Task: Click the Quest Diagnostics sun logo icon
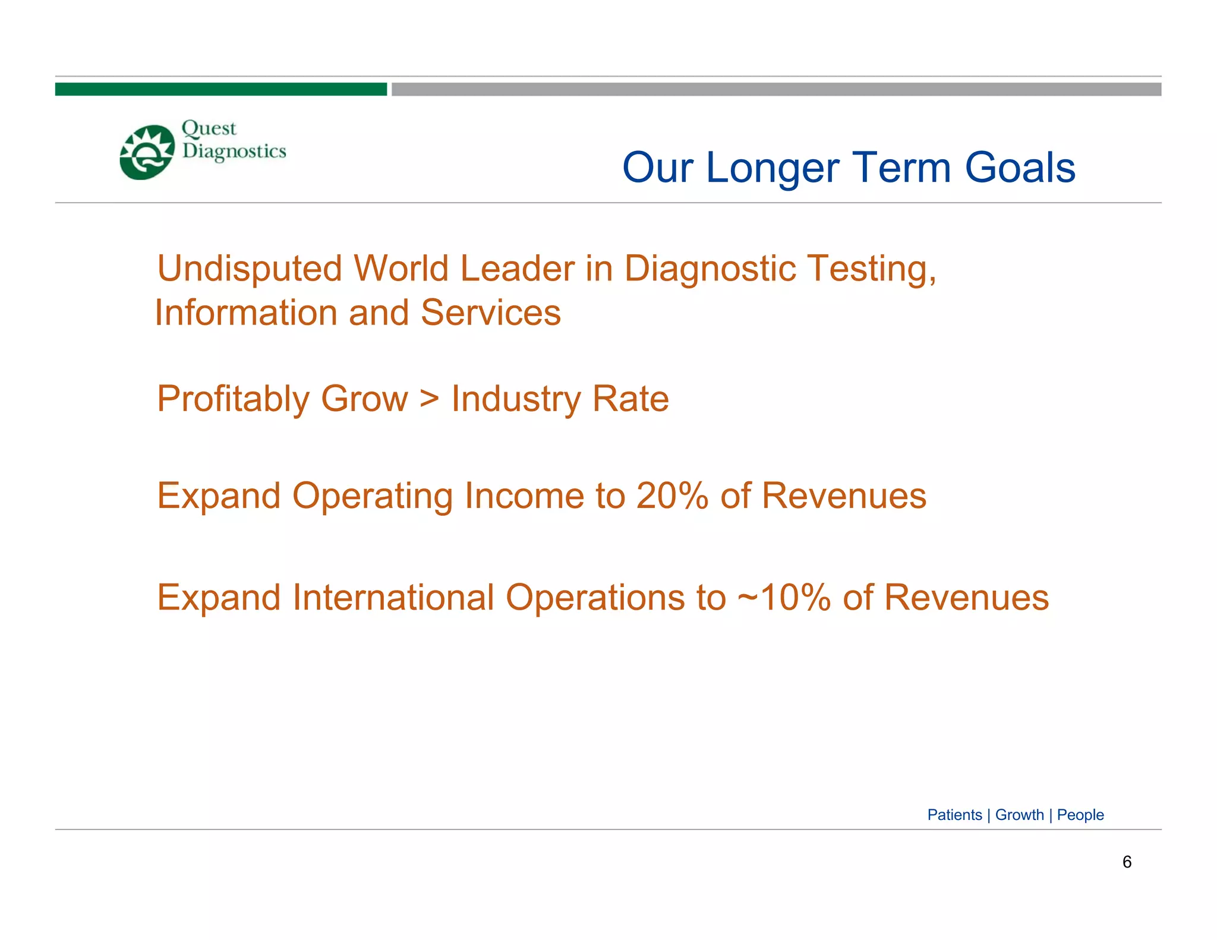pos(147,152)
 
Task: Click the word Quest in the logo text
pos(209,128)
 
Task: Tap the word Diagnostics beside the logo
pos(234,152)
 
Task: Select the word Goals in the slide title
pos(1020,168)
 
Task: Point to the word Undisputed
pos(250,269)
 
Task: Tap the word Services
pos(490,313)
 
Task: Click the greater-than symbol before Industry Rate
pos(429,399)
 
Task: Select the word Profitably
pos(232,399)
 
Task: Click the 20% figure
pos(672,496)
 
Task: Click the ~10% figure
pos(783,598)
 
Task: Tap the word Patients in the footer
pos(954,815)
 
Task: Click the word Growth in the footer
pos(1019,815)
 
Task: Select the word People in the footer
pos(1080,815)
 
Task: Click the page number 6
pos(1127,862)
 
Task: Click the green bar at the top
pos(220,89)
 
